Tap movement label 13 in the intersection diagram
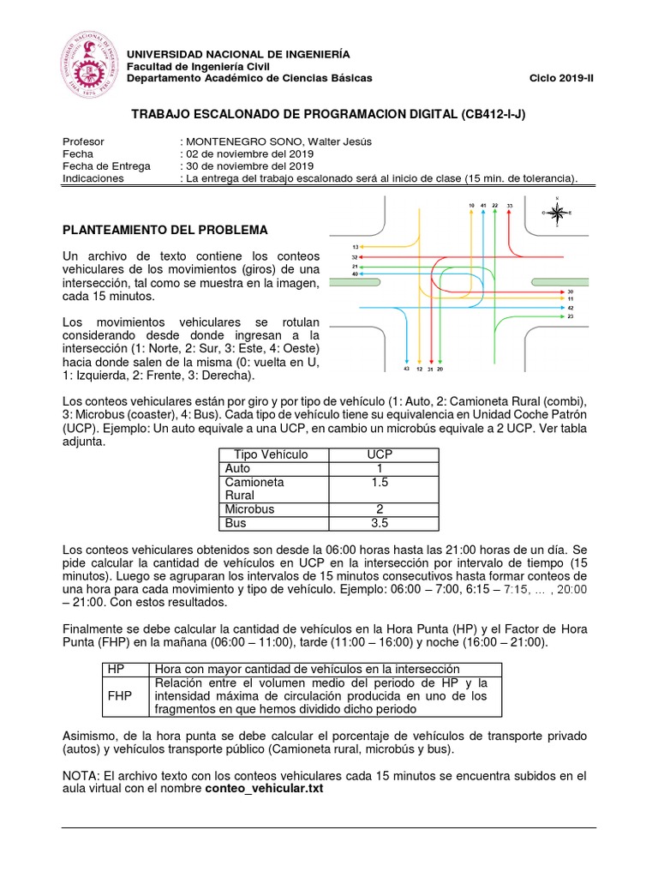[355, 247]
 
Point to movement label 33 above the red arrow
[510, 207]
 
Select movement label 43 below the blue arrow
[406, 369]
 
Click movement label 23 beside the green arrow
[571, 316]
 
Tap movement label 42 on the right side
[571, 307]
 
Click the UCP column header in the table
[379, 454]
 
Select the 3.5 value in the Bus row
[379, 522]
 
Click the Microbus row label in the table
[249, 508]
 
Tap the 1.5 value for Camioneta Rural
[379, 483]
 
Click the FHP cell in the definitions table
[119, 696]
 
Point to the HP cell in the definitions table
[116, 669]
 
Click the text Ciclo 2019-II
[561, 78]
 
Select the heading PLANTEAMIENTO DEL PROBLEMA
[166, 231]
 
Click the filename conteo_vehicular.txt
[264, 789]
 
